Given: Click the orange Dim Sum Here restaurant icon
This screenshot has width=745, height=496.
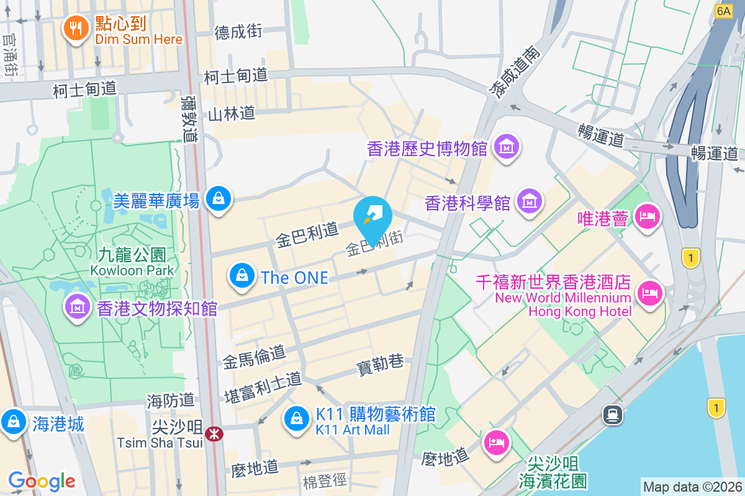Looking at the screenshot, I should pyautogui.click(x=76, y=28).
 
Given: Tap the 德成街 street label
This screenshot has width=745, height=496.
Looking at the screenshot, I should pyautogui.click(x=238, y=32).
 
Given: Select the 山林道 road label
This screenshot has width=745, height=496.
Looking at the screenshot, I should pyautogui.click(x=232, y=113).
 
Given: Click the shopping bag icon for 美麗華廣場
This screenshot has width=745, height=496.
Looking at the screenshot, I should pyautogui.click(x=219, y=199).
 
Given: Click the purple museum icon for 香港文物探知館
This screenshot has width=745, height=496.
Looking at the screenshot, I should pyautogui.click(x=78, y=306).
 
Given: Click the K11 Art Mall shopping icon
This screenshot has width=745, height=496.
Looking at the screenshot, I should pyautogui.click(x=297, y=418).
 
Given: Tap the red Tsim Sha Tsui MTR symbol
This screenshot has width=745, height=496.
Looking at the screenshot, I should pyautogui.click(x=214, y=434).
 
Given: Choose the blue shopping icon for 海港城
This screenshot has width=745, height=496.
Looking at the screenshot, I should pyautogui.click(x=13, y=422).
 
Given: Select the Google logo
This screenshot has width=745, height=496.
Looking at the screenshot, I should pyautogui.click(x=42, y=480).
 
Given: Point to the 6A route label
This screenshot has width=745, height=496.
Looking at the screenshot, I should pyautogui.click(x=723, y=11).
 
